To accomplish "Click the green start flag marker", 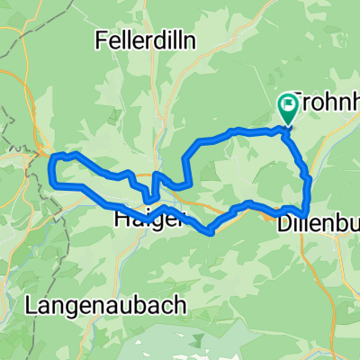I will pyautogui.click(x=288, y=108).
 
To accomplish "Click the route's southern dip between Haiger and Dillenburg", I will pyautogui.click(x=210, y=231).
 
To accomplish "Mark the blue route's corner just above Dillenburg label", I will pyautogui.click(x=306, y=209).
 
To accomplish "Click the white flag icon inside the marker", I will pyautogui.click(x=289, y=104).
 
